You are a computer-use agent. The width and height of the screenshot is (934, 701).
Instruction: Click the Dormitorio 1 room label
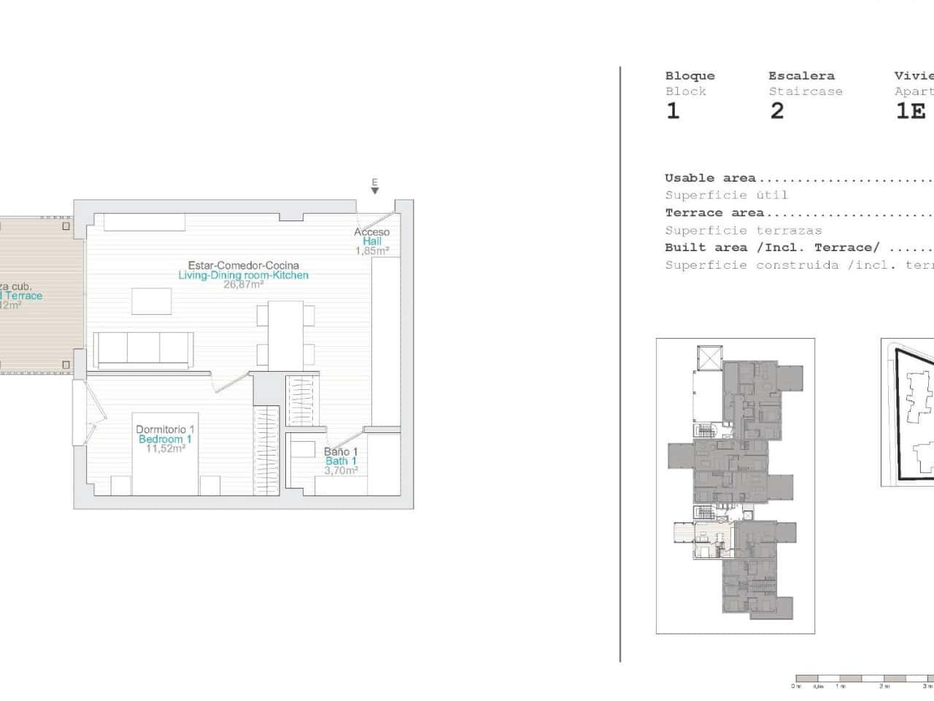point(165,429)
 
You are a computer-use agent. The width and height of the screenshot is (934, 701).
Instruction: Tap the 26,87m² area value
point(243,285)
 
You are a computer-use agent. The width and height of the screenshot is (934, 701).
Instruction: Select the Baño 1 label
point(341,451)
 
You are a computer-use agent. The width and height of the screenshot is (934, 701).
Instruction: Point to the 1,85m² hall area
point(371,250)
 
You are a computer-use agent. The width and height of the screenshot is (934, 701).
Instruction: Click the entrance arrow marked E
point(374,190)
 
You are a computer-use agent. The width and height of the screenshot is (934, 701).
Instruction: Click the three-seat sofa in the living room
point(144,350)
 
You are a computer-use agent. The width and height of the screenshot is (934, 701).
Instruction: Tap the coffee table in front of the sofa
point(151,301)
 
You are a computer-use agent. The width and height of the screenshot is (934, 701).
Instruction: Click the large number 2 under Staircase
point(777,110)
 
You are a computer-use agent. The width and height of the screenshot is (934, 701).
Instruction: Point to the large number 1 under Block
point(673,110)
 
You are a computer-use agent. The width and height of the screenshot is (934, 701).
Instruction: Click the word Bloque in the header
point(690,75)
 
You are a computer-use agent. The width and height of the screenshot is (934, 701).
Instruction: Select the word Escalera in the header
point(801,75)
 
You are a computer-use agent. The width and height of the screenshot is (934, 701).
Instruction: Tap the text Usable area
point(710,177)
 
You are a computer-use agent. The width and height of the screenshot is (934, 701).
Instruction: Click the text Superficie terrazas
point(743,230)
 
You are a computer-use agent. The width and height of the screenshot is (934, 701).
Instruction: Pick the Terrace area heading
point(714,212)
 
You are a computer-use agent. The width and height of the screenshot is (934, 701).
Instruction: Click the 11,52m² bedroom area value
point(165,448)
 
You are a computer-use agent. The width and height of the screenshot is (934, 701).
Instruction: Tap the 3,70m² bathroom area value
point(341,470)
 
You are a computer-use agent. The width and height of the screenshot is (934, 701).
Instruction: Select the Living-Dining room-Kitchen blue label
point(243,275)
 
